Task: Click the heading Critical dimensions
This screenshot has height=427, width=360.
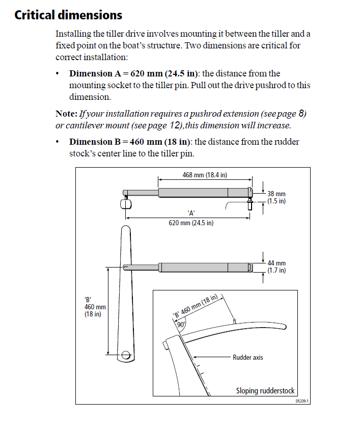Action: (x=68, y=15)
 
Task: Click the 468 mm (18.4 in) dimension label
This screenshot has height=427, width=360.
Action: (x=205, y=175)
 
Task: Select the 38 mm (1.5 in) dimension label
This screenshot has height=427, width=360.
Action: (x=276, y=197)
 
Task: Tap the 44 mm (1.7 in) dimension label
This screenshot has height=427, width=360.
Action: (x=276, y=266)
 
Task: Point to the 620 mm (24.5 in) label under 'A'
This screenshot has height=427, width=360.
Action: (x=191, y=223)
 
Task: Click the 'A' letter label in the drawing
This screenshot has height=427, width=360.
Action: (x=191, y=213)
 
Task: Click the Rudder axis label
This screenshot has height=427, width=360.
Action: (x=247, y=357)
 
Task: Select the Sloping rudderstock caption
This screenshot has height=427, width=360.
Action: (x=265, y=391)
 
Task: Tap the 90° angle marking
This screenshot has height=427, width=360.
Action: (x=180, y=325)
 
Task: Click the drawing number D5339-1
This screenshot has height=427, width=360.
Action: (x=302, y=401)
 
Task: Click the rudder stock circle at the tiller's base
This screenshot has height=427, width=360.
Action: (x=125, y=353)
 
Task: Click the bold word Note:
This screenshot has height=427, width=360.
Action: (x=66, y=113)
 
